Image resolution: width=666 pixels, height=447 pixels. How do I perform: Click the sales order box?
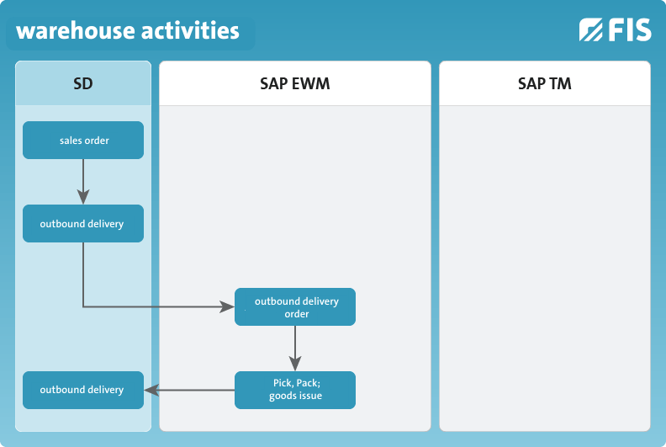click(83, 141)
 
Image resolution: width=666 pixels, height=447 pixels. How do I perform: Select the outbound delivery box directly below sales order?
click(83, 224)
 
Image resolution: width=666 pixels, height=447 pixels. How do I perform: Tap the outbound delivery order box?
click(295, 307)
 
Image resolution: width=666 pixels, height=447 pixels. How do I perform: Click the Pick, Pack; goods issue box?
click(295, 391)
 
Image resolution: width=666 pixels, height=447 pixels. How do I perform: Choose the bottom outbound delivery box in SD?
click(83, 391)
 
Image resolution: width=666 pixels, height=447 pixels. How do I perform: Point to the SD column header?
click(83, 83)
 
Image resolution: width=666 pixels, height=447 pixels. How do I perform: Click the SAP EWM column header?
click(295, 83)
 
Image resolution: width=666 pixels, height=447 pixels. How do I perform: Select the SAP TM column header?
click(545, 83)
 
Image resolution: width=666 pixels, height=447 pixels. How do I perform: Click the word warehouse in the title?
click(76, 31)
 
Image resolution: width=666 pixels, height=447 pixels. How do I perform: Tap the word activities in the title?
click(190, 30)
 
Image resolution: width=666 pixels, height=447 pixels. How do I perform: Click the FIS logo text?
click(630, 29)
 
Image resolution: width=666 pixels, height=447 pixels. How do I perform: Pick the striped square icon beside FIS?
click(591, 29)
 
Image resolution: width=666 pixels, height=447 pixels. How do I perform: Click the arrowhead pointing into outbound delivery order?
click(227, 306)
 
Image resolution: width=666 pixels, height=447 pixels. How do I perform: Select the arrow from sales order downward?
click(83, 182)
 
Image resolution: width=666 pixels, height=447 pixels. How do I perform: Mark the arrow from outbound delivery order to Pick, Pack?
click(295, 349)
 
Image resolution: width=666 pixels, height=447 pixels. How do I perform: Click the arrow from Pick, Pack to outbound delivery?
click(189, 390)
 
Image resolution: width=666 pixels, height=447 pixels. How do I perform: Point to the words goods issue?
click(296, 396)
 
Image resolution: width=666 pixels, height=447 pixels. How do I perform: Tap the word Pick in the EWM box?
click(282, 383)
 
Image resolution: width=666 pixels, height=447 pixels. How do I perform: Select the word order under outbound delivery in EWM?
click(297, 314)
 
